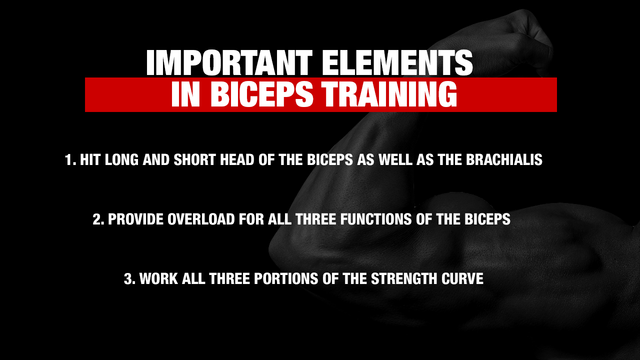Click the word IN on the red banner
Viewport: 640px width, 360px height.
tap(185, 95)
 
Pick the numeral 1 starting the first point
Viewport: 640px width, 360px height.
tap(68, 160)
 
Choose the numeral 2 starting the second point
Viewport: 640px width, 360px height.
tap(97, 219)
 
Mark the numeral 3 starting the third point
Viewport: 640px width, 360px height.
tap(128, 278)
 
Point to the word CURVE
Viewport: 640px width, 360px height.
tap(462, 278)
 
